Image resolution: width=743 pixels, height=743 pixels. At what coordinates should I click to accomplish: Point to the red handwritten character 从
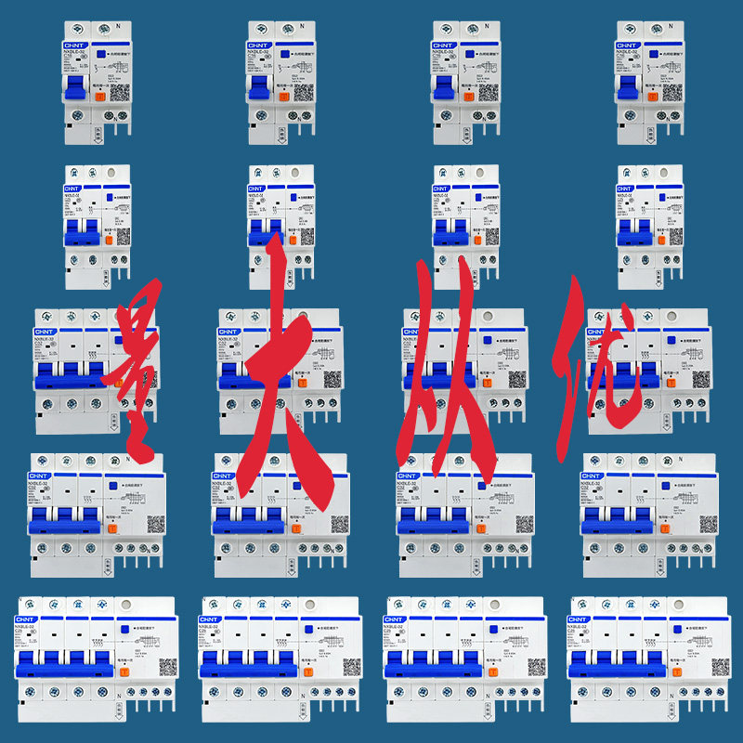tap(455, 371)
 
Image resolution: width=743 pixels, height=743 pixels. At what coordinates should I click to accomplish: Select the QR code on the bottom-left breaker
tap(168, 667)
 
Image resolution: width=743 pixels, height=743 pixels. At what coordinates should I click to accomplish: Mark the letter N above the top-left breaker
tap(117, 26)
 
